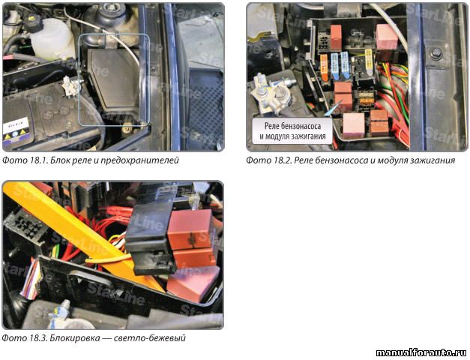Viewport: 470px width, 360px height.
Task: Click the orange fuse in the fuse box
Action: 324,67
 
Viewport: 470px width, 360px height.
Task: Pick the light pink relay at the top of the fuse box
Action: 387,37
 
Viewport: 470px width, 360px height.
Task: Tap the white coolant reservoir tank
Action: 52,39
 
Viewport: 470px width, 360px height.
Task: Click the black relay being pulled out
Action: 149,238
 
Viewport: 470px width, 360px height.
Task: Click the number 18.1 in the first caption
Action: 37,160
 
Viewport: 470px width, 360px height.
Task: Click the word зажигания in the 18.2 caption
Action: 435,160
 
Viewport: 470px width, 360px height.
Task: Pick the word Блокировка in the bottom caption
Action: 75,338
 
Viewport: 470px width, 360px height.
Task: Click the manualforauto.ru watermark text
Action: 421,352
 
